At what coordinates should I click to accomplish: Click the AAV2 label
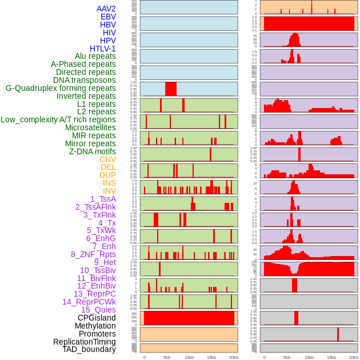coord(106,9)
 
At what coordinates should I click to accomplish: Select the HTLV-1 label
coord(102,49)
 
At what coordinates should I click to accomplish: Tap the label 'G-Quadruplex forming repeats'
coord(61,88)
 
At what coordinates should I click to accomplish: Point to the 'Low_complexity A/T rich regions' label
coord(58,119)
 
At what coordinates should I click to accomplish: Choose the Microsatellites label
coord(90,127)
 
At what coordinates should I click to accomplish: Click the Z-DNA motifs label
coord(93,151)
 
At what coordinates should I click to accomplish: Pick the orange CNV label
coord(107,159)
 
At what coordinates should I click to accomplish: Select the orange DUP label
coord(107,175)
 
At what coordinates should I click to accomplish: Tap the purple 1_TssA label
coord(103,199)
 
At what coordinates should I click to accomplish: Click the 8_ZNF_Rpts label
coord(93,254)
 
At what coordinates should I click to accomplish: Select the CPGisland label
coord(97,318)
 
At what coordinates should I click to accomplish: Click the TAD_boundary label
coord(89,349)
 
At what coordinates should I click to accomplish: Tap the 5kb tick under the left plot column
coord(167,357)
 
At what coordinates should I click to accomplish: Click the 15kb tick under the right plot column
coord(331,357)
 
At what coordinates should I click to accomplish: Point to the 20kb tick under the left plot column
coord(234,357)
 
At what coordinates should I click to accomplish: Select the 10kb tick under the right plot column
coord(309,357)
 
